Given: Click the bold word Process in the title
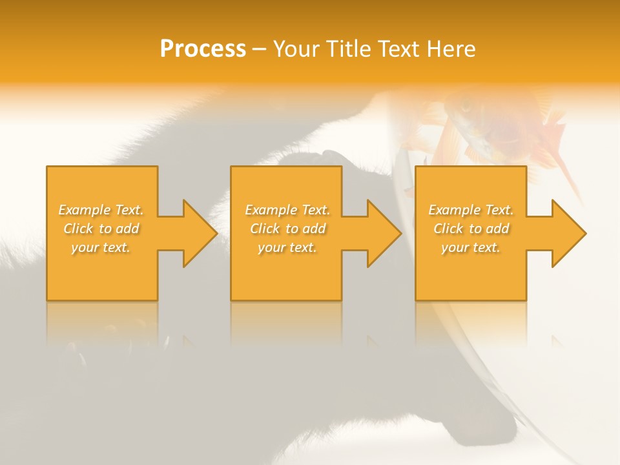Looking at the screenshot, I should pyautogui.click(x=203, y=49).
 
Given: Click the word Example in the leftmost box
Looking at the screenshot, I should pyautogui.click(x=85, y=210).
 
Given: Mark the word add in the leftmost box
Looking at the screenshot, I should pyautogui.click(x=127, y=229).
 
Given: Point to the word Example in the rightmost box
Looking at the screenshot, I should pyautogui.click(x=455, y=210).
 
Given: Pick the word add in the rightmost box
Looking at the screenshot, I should pyautogui.click(x=497, y=229).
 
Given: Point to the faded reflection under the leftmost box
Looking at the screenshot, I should pyautogui.click(x=102, y=323).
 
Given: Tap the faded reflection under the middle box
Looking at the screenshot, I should pyautogui.click(x=286, y=323).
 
